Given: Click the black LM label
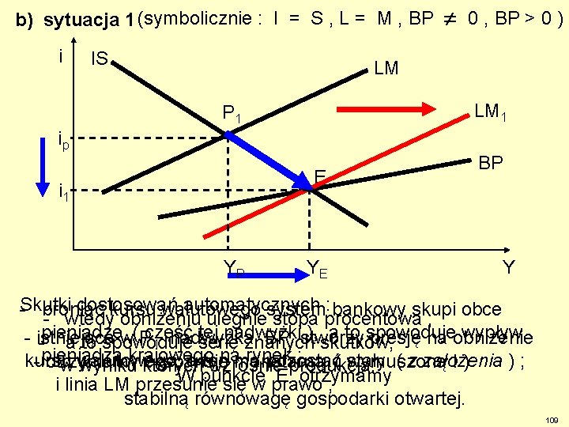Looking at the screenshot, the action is (x=386, y=69).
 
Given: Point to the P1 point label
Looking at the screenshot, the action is (x=232, y=118).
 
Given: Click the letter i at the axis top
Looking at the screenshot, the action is (x=61, y=56).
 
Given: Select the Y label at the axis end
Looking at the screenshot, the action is (x=510, y=268).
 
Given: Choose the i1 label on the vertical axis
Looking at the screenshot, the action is (x=65, y=191).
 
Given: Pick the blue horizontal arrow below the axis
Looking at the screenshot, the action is (x=269, y=277).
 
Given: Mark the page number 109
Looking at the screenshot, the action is (x=552, y=418).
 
